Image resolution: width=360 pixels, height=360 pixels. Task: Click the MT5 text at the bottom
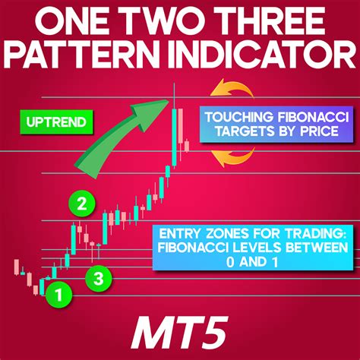coord(180,331)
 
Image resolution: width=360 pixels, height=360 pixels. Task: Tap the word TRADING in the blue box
coord(312,231)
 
